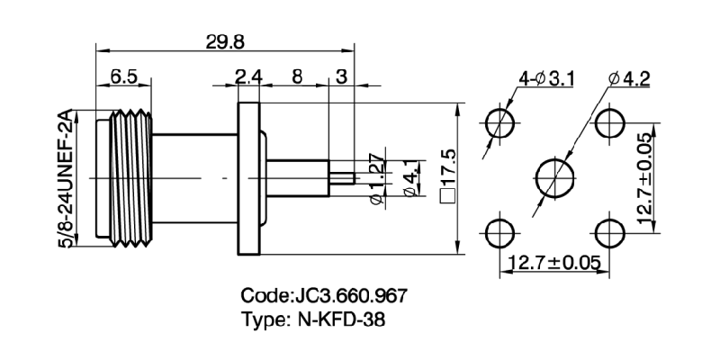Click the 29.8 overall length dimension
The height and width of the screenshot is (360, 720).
pos(220,41)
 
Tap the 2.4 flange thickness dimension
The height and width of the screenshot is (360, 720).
pos(247,78)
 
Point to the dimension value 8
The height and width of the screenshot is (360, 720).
pos(296,78)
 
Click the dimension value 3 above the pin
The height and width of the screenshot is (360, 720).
pos(341,78)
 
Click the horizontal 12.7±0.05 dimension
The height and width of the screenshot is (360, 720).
pos(554,264)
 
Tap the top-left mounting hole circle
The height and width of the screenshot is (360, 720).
pos(499,121)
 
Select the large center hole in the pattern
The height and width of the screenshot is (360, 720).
pos(554,175)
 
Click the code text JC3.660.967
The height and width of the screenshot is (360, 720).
pos(328,296)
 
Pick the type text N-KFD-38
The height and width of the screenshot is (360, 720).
pos(312,319)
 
